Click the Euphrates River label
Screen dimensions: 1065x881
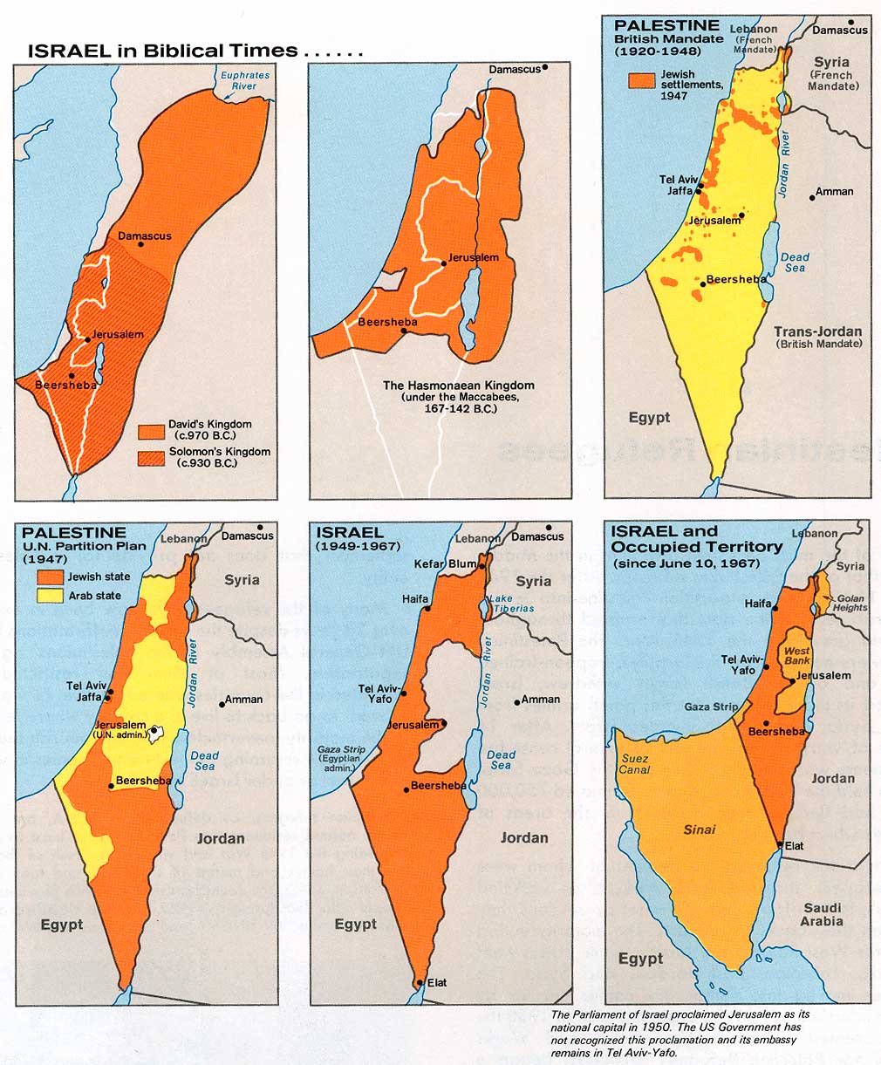pos(245,81)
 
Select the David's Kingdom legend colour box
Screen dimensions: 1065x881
pos(152,431)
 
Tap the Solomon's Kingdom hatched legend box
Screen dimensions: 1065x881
pos(152,457)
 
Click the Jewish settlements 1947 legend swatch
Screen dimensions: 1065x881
pos(641,80)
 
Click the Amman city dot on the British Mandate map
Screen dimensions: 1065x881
pos(812,197)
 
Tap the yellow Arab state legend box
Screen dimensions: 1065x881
pos(49,596)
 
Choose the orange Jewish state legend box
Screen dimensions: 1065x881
pos(49,577)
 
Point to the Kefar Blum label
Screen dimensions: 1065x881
pos(452,564)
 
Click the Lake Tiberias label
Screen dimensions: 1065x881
pos(502,604)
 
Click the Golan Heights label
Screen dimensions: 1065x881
pos(850,602)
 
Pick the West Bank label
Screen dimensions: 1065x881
pos(797,656)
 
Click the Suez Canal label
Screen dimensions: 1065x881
pos(634,764)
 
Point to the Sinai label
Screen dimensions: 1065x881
pos(700,829)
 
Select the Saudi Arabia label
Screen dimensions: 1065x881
pos(822,914)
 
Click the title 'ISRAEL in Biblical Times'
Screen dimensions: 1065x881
pos(164,51)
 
